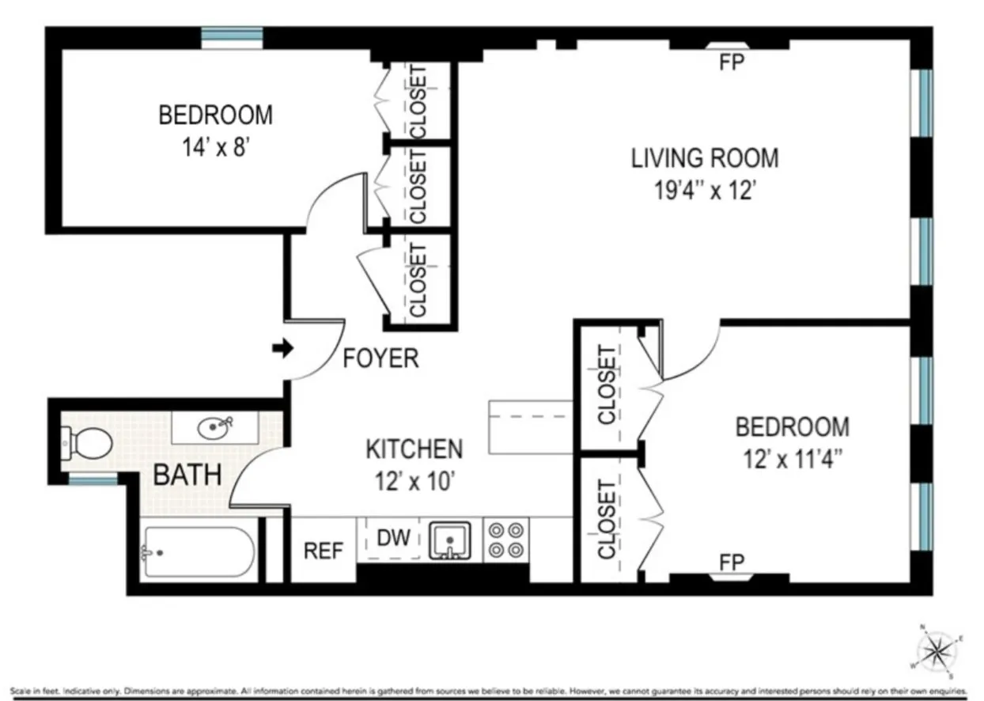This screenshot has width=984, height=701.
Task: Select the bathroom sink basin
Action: pyautogui.click(x=215, y=428)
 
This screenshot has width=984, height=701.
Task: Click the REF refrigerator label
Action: pyautogui.click(x=324, y=550)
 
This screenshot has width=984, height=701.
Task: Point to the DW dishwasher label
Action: pyautogui.click(x=393, y=539)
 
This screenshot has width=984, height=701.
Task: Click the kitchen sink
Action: pyautogui.click(x=450, y=540)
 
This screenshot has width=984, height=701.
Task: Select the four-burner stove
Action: pyautogui.click(x=505, y=540)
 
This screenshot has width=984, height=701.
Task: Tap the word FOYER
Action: pyautogui.click(x=380, y=358)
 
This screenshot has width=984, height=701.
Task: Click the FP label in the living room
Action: pyautogui.click(x=732, y=63)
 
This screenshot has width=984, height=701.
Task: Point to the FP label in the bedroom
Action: pyautogui.click(x=732, y=562)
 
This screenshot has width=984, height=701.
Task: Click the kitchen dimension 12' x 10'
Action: pyautogui.click(x=414, y=482)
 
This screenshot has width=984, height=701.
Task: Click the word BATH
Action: pyautogui.click(x=187, y=476)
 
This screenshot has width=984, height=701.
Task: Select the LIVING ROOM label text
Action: pyautogui.click(x=704, y=157)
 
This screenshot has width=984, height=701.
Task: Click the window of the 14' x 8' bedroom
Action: pyautogui.click(x=232, y=34)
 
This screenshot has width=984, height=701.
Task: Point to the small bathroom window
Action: pyautogui.click(x=93, y=479)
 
